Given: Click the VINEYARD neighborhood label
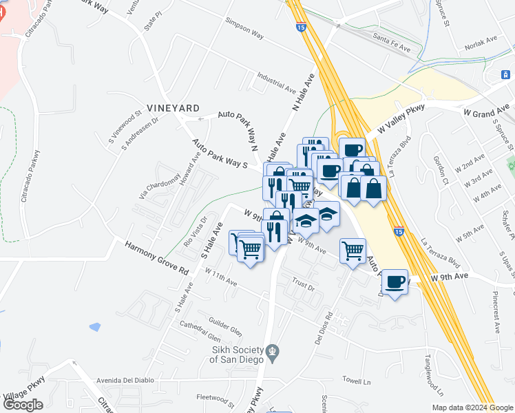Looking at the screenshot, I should [173, 108].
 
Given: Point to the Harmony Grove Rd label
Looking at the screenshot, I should [156, 257].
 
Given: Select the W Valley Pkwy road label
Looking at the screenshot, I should [397, 122].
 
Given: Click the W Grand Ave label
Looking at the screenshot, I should [487, 110].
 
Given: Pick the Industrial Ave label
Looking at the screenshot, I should [276, 83].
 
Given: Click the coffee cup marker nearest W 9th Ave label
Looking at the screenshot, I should [395, 282].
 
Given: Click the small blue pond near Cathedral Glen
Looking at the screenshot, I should [94, 326].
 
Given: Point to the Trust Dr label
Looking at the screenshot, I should [303, 284].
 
